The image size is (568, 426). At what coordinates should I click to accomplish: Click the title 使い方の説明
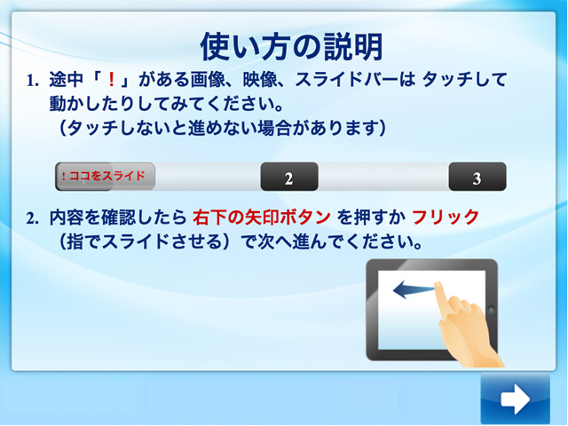pyautogui.click(x=292, y=46)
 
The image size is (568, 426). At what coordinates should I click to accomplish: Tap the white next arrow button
pyautogui.click(x=515, y=398)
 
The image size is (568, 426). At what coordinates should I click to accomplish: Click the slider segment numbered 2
pyautogui.click(x=289, y=177)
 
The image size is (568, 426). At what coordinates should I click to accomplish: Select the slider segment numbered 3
pyautogui.click(x=477, y=177)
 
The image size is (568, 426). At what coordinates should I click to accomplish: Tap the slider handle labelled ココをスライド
pyautogui.click(x=106, y=177)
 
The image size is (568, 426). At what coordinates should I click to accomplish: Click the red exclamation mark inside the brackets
pyautogui.click(x=112, y=80)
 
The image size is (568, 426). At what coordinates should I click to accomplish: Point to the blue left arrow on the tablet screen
pyautogui.click(x=414, y=289)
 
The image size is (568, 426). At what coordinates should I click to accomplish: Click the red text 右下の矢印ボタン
pyautogui.click(x=262, y=217)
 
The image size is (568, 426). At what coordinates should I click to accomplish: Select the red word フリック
pyautogui.click(x=446, y=217)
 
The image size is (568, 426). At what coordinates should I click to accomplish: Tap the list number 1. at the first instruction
pyautogui.click(x=33, y=81)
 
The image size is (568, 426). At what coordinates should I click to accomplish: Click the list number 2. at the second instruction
pyautogui.click(x=33, y=218)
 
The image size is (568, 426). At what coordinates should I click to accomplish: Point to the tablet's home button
pyautogui.click(x=491, y=310)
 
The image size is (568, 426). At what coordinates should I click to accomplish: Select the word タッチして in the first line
pyautogui.click(x=465, y=80)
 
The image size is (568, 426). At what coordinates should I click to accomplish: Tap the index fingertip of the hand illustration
pyautogui.click(x=438, y=286)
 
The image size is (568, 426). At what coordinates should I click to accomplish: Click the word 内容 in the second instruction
pyautogui.click(x=67, y=217)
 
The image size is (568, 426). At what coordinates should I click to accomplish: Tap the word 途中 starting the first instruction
pyautogui.click(x=67, y=80)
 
